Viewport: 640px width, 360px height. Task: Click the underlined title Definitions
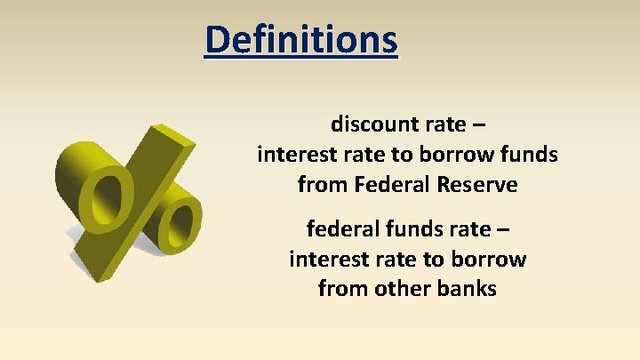click(x=301, y=40)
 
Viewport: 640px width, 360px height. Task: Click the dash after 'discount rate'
click(x=477, y=124)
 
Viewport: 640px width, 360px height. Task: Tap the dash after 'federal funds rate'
click(x=504, y=230)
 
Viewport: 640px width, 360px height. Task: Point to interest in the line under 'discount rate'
click(x=295, y=155)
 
